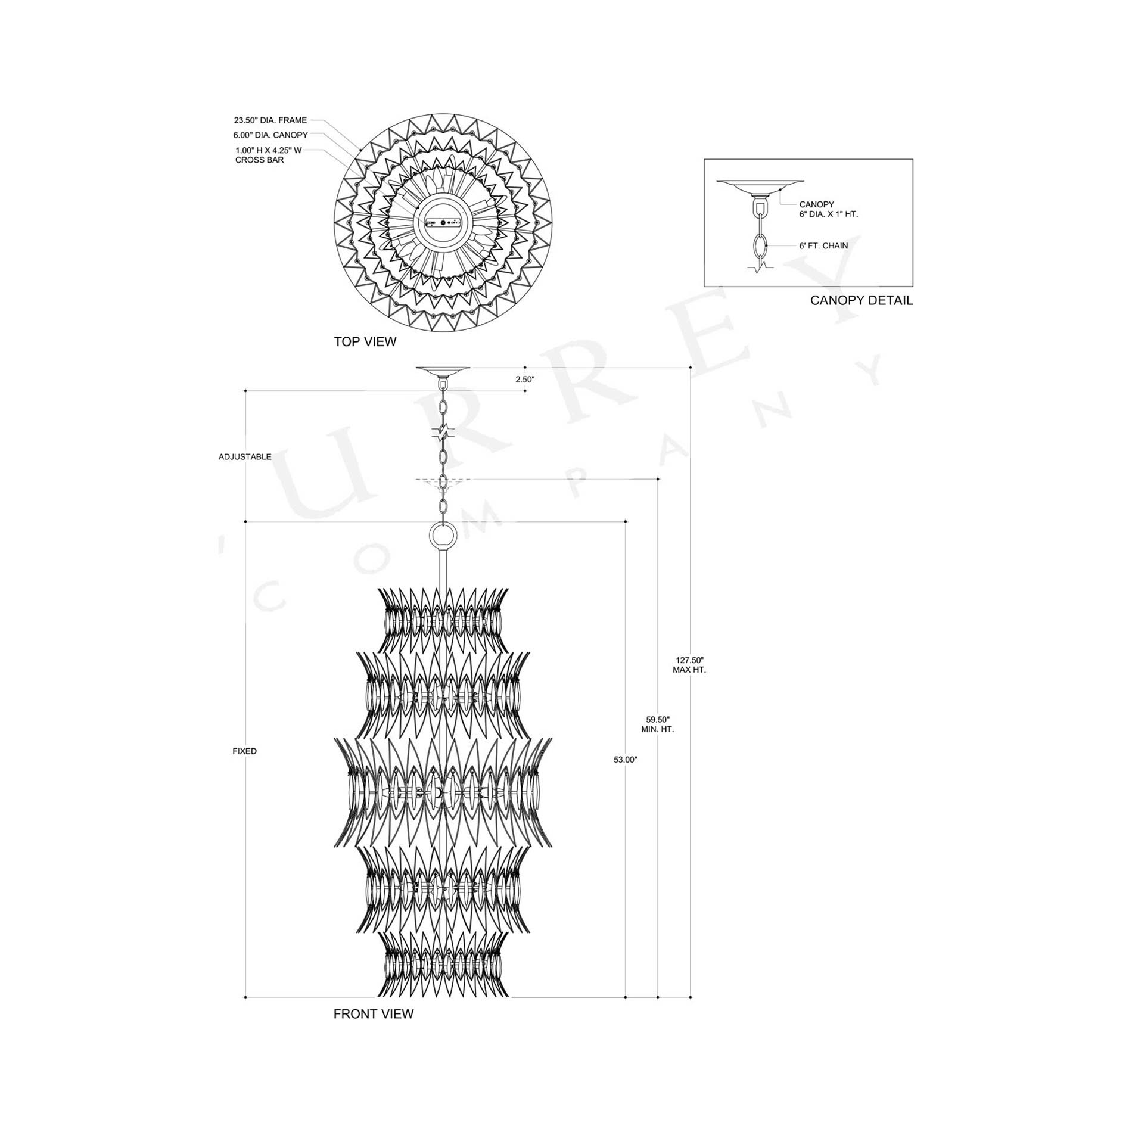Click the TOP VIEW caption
tap(365, 342)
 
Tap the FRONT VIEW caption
tap(373, 1014)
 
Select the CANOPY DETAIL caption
tap(861, 300)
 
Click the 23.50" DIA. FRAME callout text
tap(270, 120)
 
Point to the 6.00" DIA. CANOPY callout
tap(270, 135)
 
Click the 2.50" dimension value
tap(525, 379)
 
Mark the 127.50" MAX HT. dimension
tap(690, 665)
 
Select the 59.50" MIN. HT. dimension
tap(658, 724)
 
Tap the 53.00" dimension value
tap(626, 760)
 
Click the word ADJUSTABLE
tap(245, 457)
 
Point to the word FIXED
tap(244, 751)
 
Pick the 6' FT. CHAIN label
tap(823, 245)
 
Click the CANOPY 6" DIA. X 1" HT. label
tap(828, 209)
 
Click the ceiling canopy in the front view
tap(443, 371)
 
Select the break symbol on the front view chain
tap(443, 433)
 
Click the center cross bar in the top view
tap(443, 223)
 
